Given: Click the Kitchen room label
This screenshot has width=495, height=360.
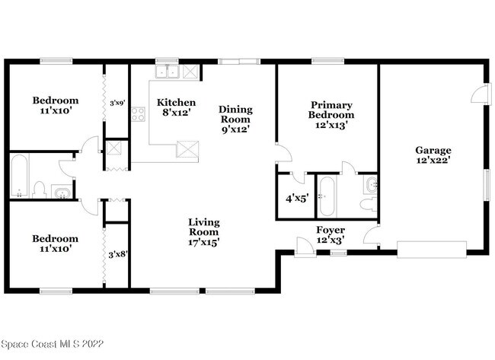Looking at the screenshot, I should tap(176, 103).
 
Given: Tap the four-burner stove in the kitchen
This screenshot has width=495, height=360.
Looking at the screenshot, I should tap(138, 114).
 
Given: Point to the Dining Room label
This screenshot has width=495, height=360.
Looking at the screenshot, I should tap(235, 119).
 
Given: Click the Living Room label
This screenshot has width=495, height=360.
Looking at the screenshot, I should tap(204, 232).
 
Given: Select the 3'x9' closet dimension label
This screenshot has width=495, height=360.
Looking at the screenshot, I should tap(117, 103).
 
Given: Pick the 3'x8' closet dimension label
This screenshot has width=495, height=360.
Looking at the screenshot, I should tap(117, 254).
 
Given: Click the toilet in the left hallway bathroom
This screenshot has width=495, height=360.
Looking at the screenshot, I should tap(40, 190).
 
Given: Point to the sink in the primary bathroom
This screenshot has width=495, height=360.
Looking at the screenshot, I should tap(370, 184).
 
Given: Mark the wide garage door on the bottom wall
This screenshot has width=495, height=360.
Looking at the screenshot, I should tap(432, 248).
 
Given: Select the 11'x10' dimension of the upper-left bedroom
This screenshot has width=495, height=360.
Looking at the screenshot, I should tap(55, 111).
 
